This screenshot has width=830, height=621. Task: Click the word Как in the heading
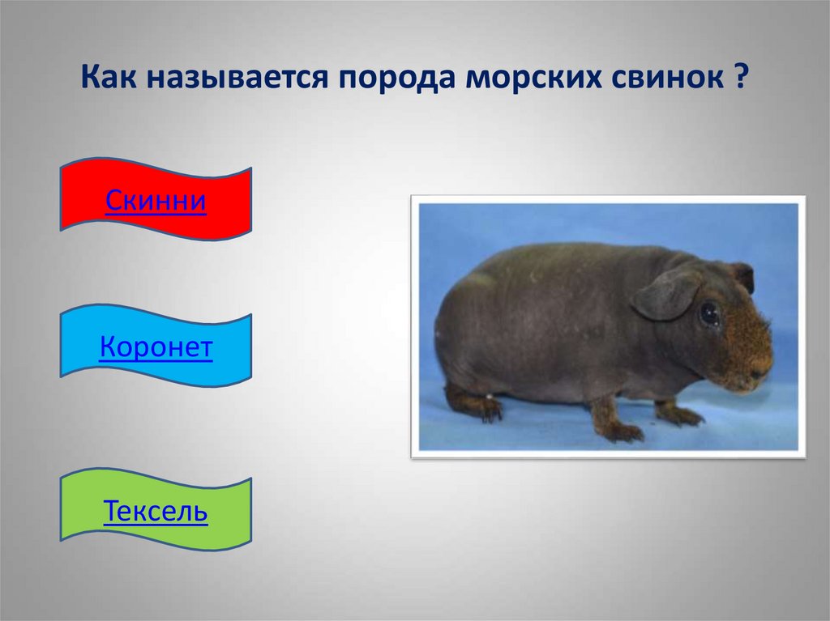point(109,77)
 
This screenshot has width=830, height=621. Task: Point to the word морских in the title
point(534,78)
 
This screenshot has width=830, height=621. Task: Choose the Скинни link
point(156,200)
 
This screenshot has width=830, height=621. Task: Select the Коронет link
point(156,347)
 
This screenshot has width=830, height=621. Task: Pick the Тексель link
point(156,510)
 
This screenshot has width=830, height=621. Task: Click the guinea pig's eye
point(708,314)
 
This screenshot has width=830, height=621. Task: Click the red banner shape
point(156,199)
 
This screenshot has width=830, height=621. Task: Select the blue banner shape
point(156,346)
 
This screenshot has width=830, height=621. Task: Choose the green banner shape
point(156,508)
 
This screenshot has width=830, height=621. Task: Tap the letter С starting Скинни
point(113,201)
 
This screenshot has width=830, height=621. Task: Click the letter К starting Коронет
point(109,347)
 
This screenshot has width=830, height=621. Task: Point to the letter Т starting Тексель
point(112,510)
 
